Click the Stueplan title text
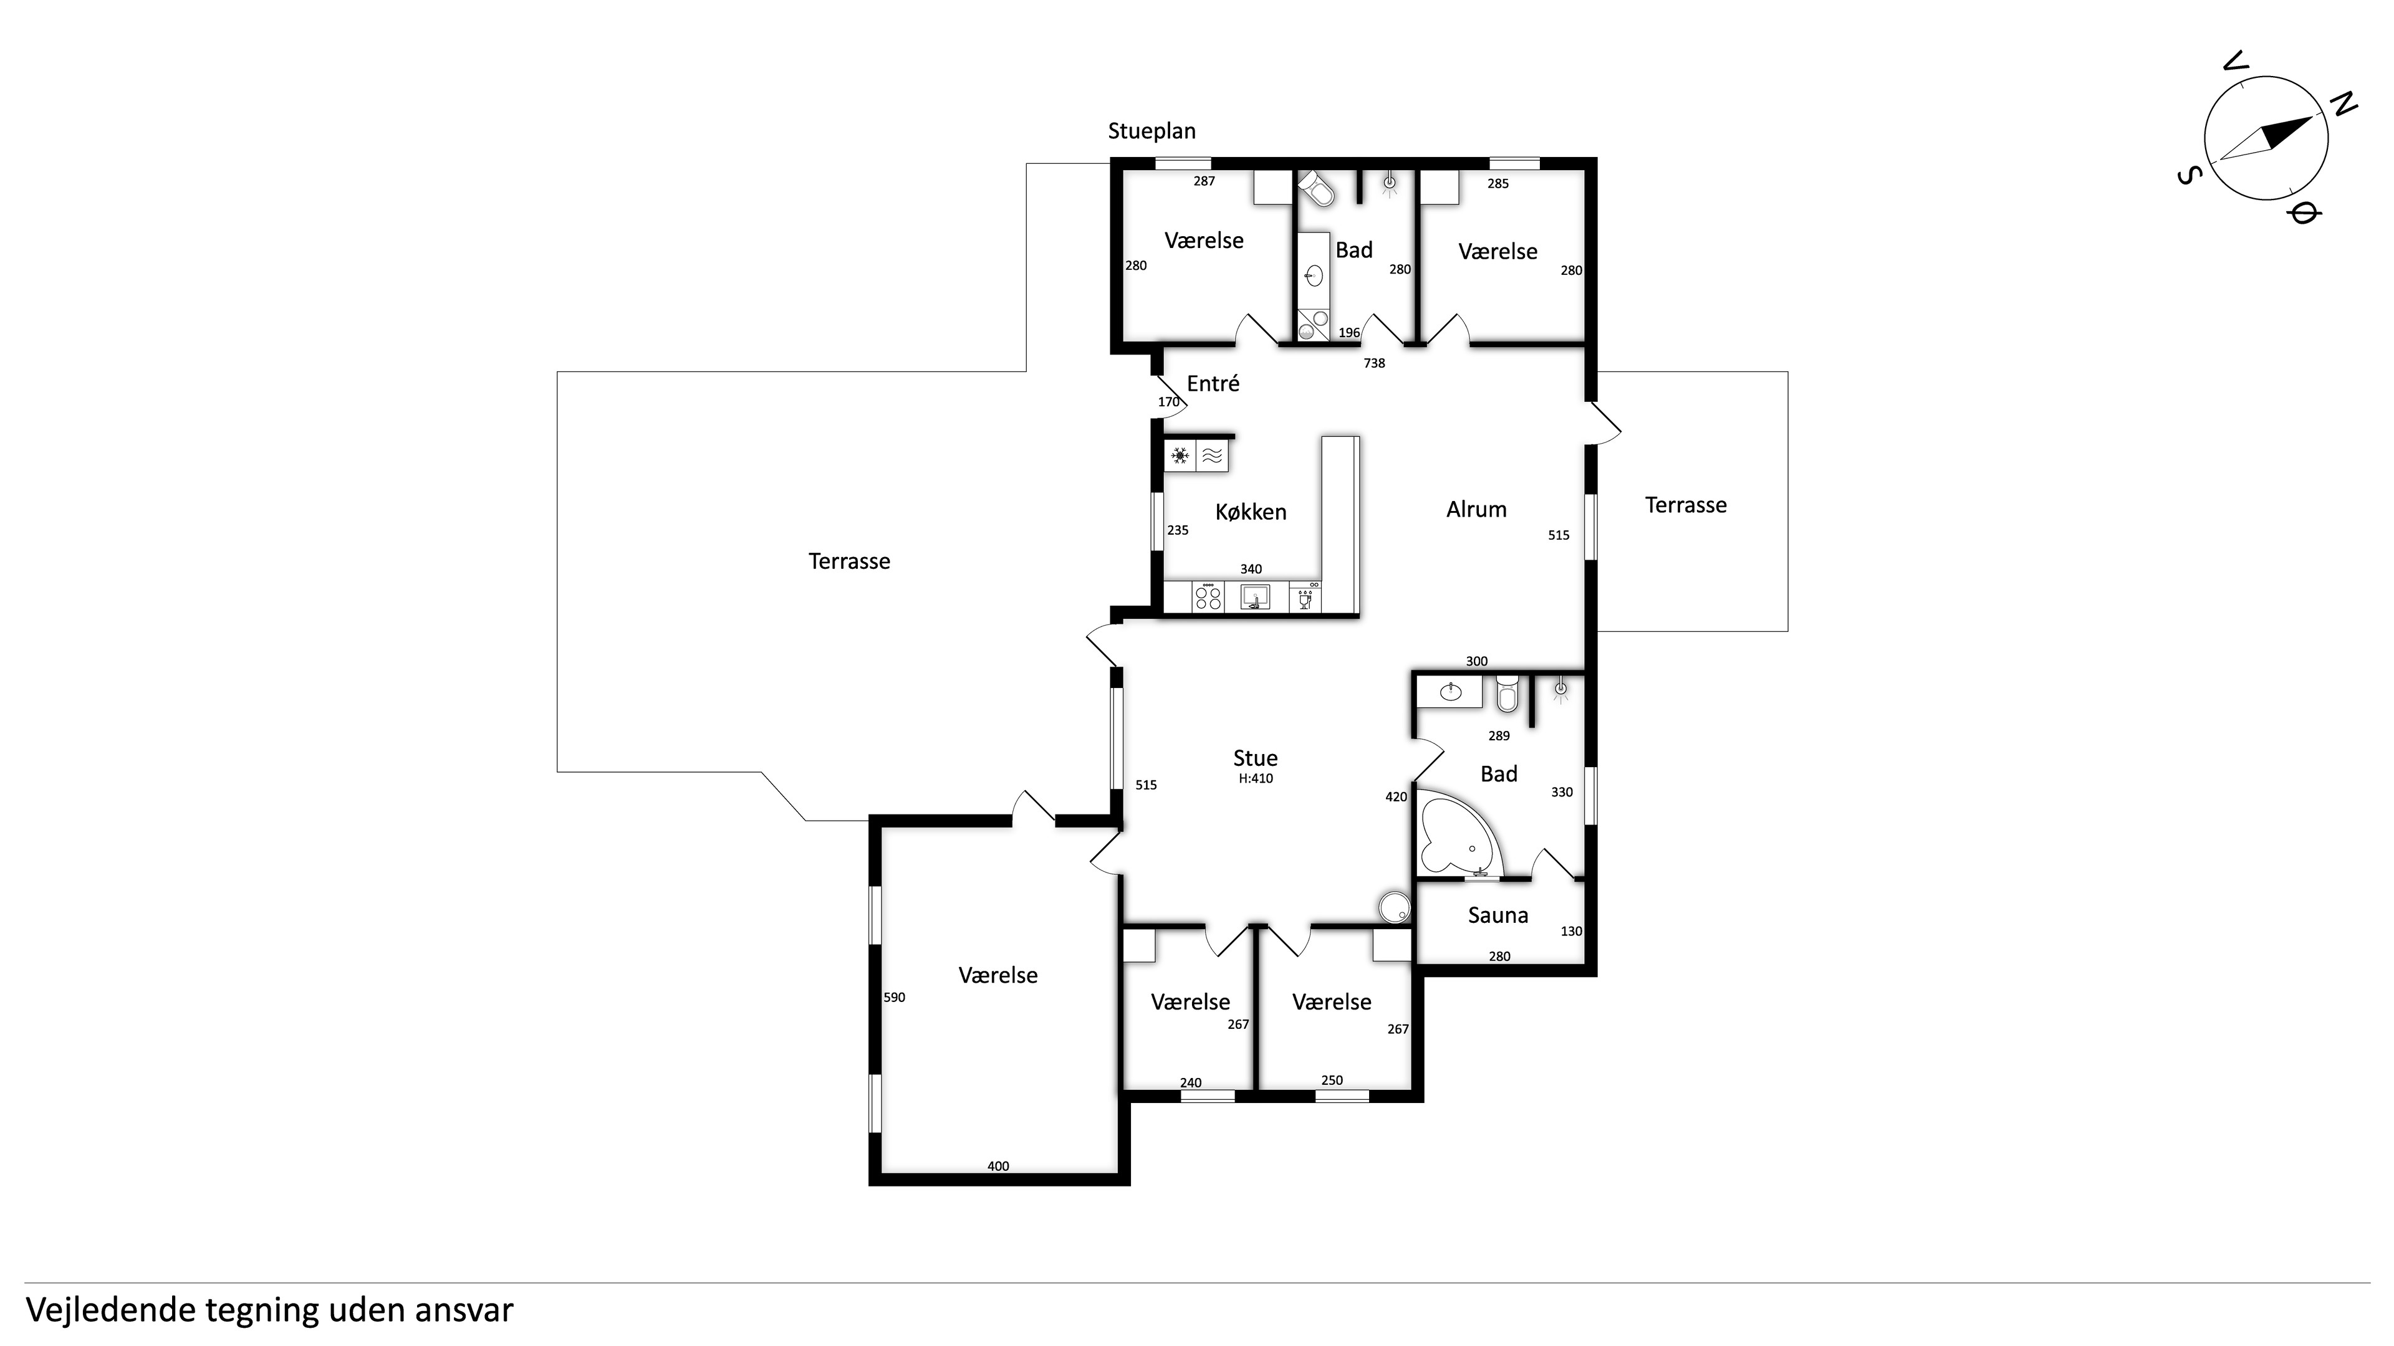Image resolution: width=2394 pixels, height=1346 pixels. point(1151,131)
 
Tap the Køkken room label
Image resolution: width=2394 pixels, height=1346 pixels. point(1251,512)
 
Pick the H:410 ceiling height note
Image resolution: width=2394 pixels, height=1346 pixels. point(1256,778)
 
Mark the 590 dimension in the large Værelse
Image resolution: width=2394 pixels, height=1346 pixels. point(894,998)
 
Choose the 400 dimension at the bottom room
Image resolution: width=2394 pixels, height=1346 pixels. point(998,1167)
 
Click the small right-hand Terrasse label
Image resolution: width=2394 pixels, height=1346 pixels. point(1686,505)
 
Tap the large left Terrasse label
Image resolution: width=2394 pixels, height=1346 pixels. point(849,561)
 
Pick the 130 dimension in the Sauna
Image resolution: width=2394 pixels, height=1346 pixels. point(1570,932)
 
